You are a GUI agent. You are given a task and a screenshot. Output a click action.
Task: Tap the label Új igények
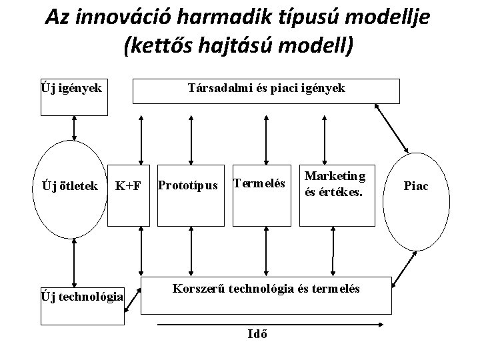pos(71,87)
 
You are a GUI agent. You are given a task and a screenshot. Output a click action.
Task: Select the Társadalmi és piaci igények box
pos(266,91)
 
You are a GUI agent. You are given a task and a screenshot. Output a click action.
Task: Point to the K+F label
pos(128,185)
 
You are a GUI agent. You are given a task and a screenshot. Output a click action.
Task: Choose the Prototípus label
pos(189,184)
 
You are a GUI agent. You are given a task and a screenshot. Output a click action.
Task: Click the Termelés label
pos(258,182)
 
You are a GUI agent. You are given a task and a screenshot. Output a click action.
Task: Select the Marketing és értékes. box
pos(335,183)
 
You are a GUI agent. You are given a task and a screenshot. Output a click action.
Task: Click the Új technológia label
pos(82,296)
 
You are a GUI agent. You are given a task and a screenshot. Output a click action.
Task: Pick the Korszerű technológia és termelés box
pos(266,293)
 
